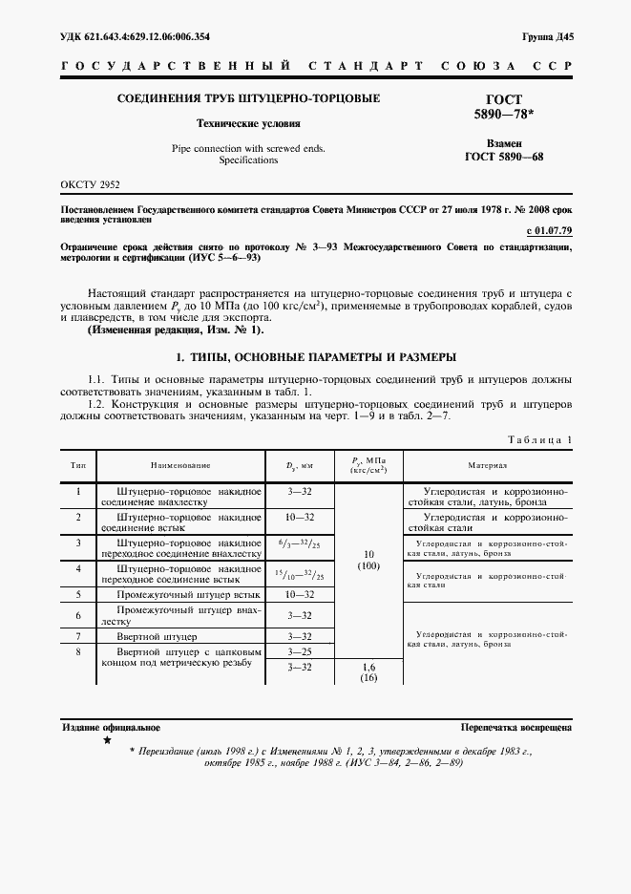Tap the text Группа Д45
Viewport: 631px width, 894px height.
click(x=547, y=36)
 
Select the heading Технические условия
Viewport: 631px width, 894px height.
click(x=248, y=123)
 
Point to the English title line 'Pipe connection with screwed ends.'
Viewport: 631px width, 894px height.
click(x=248, y=148)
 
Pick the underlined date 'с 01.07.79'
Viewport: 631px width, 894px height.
click(x=549, y=230)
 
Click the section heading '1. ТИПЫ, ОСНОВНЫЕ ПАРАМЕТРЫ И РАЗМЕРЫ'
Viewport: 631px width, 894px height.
click(x=315, y=356)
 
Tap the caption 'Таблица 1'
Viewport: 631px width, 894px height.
click(x=540, y=439)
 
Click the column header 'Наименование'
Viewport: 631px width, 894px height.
click(x=179, y=465)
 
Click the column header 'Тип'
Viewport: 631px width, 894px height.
click(x=77, y=465)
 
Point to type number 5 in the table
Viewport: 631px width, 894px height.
click(x=77, y=594)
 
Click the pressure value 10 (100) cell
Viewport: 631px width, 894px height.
click(x=368, y=560)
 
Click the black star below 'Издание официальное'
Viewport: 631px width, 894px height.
click(x=107, y=741)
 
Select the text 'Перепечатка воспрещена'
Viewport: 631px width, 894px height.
click(x=515, y=727)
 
